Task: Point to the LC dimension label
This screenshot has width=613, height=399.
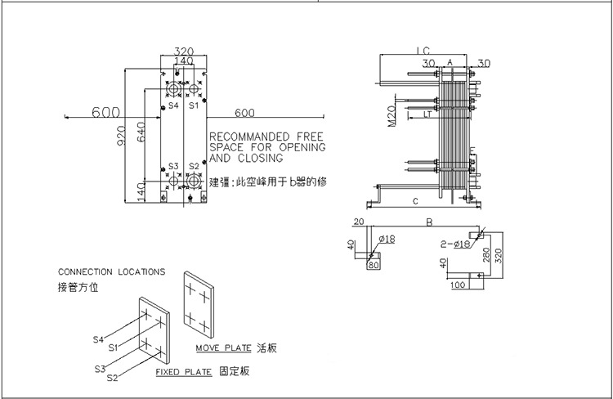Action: (x=421, y=50)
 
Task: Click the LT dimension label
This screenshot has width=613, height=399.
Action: (x=428, y=115)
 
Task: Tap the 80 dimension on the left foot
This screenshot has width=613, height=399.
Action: (x=375, y=264)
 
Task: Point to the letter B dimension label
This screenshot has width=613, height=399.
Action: (x=430, y=220)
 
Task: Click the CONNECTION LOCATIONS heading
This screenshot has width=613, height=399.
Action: (x=111, y=271)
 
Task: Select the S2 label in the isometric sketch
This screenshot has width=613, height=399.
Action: (x=112, y=377)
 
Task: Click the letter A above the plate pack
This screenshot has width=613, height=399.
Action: (x=450, y=62)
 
